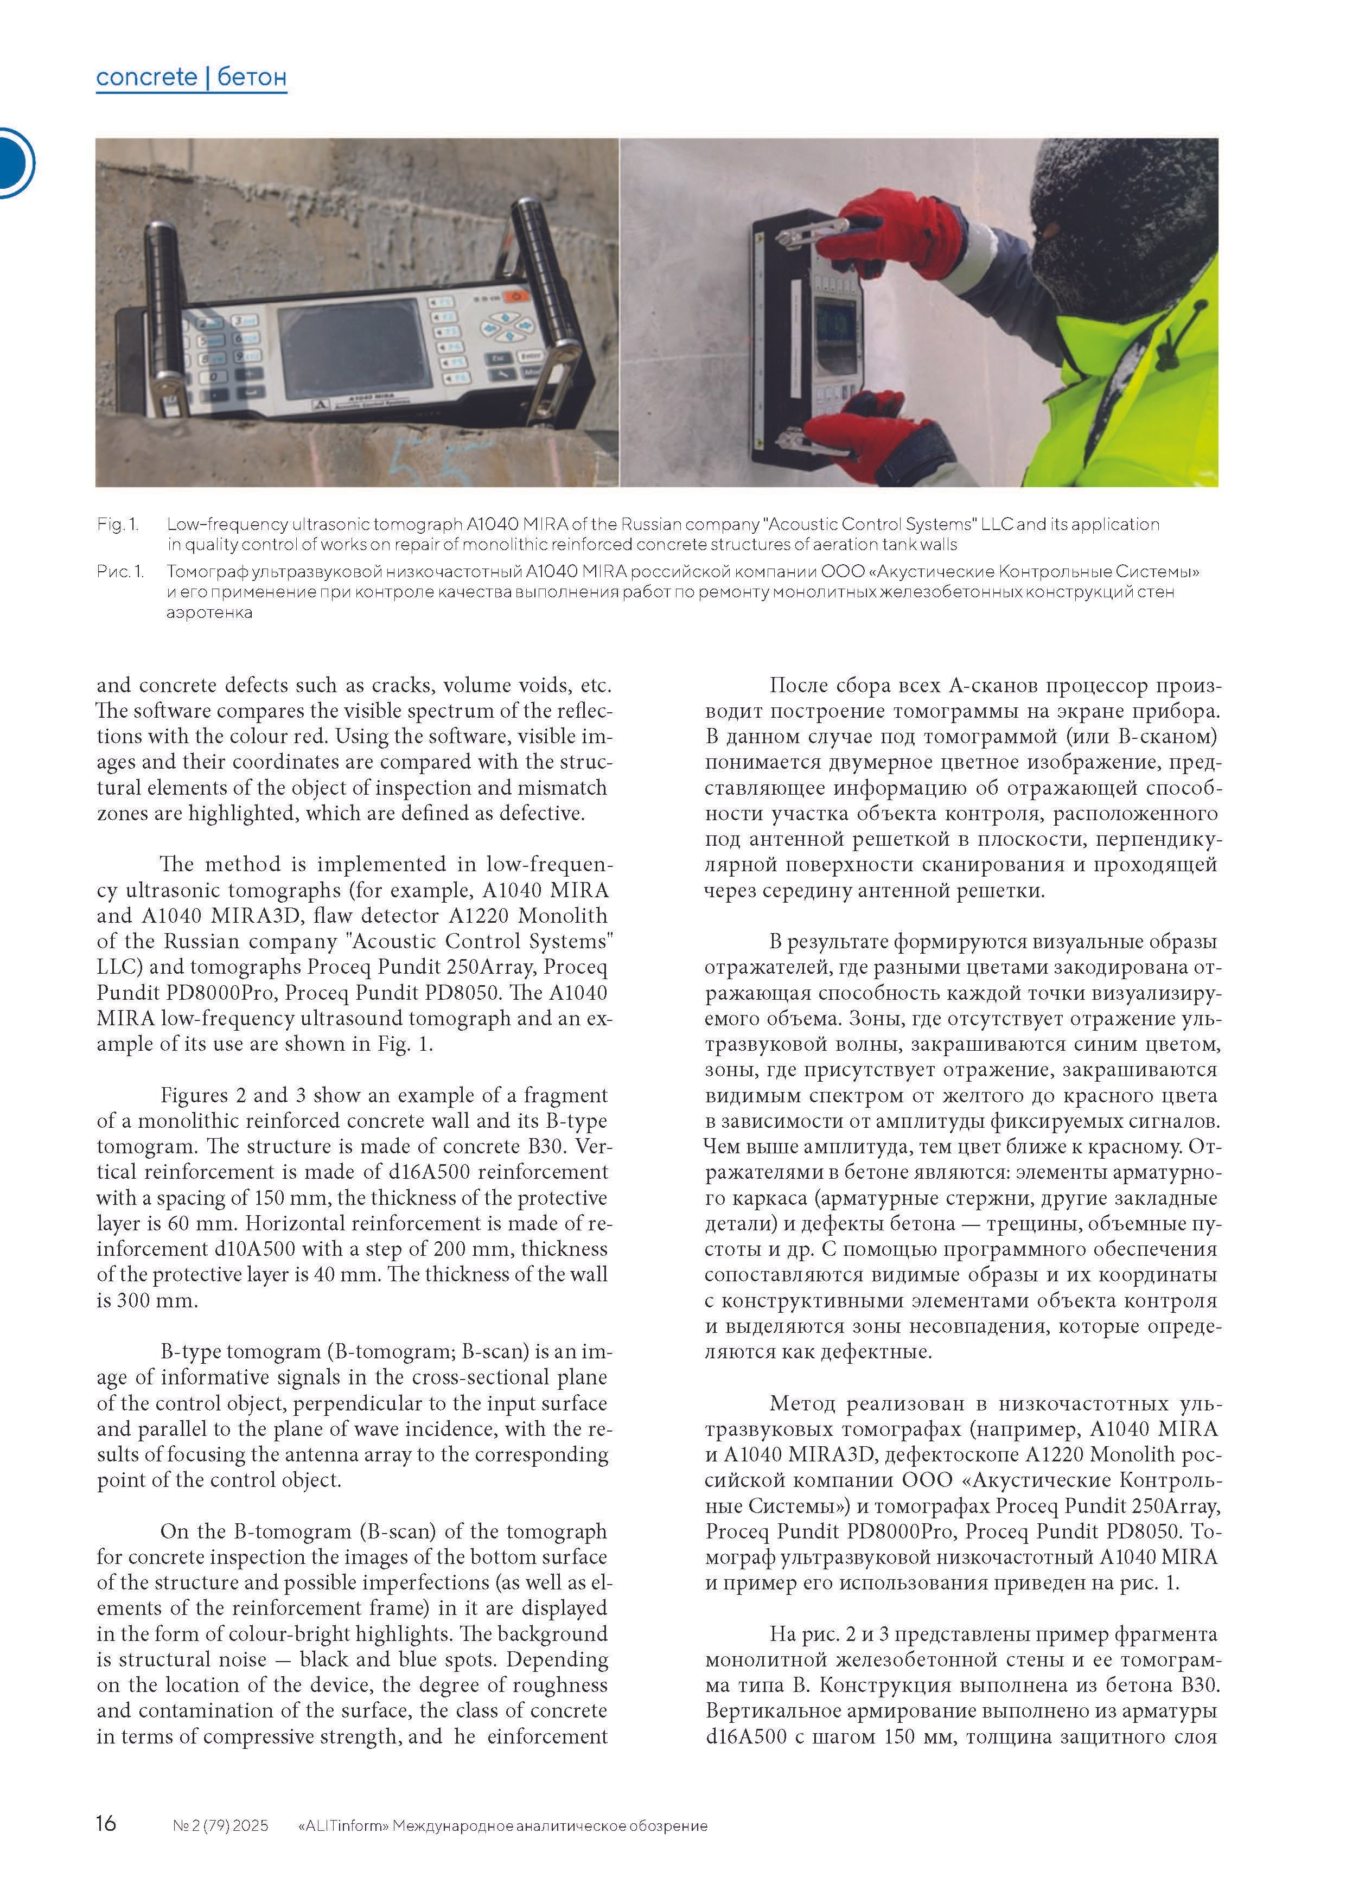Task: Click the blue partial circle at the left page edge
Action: pyautogui.click(x=15, y=162)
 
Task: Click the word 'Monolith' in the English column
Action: pyautogui.click(x=564, y=916)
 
